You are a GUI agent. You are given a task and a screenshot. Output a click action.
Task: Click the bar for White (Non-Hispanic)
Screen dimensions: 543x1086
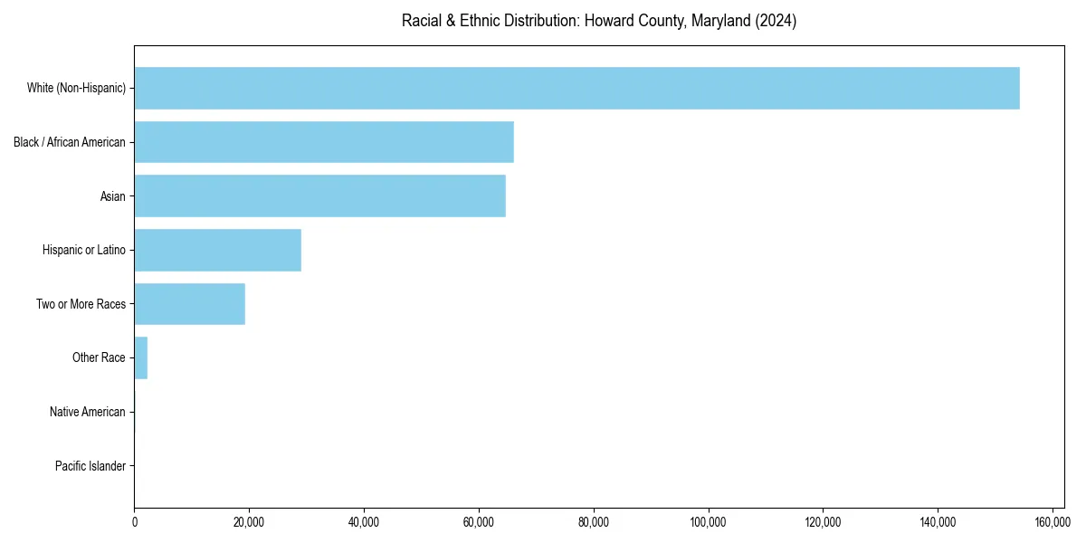point(576,88)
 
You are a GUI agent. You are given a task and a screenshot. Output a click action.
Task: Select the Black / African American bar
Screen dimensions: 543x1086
point(324,142)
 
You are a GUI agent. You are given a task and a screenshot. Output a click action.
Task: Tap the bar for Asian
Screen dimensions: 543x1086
point(319,195)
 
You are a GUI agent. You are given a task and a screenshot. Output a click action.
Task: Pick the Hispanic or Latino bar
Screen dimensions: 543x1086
point(217,250)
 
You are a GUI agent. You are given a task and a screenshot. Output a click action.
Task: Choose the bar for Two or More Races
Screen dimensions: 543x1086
point(189,304)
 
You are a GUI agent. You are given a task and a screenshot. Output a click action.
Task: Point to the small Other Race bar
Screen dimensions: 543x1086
point(140,357)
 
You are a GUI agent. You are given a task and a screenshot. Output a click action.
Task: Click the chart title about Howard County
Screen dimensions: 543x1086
point(598,21)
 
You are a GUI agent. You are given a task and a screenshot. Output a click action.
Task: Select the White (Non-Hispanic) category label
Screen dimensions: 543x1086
point(76,88)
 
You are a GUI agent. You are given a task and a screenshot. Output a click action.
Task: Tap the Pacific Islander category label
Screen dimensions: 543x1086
point(90,466)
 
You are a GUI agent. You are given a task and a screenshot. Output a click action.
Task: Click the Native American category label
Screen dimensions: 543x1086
point(88,412)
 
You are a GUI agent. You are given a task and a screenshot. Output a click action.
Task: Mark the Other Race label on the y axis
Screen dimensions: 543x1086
point(99,357)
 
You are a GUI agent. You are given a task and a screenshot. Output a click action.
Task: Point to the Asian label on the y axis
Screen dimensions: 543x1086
point(113,196)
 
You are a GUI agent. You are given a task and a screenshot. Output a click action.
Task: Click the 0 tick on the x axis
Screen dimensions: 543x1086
point(134,522)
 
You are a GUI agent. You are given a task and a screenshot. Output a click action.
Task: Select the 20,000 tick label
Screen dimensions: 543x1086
point(249,522)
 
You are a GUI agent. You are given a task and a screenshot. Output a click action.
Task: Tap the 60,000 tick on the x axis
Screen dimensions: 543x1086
point(478,522)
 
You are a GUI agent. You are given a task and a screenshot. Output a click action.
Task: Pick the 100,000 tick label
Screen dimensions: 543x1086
point(708,522)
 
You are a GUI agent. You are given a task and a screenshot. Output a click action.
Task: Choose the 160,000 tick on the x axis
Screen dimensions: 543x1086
point(1052,522)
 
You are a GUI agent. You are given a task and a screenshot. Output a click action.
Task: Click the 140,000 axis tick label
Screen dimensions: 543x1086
point(938,522)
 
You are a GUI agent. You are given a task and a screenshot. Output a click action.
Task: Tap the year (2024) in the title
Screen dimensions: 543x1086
point(776,21)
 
